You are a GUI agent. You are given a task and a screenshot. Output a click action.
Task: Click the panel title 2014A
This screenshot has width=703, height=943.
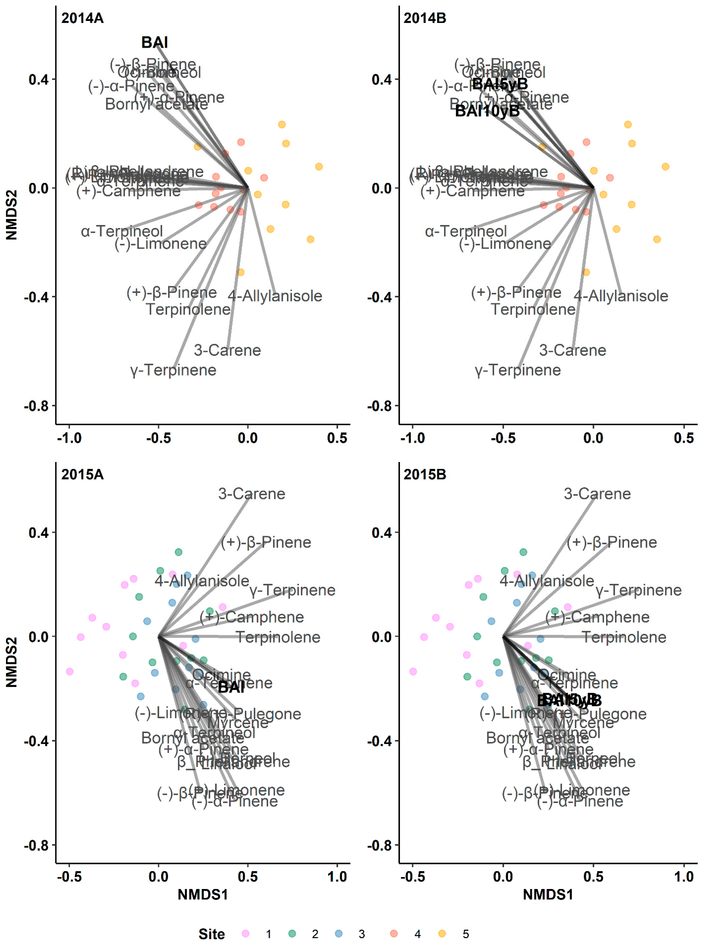click(x=82, y=18)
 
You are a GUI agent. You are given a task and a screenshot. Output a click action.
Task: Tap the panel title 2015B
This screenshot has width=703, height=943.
click(x=425, y=474)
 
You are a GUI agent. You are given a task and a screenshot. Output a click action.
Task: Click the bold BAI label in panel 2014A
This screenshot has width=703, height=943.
click(x=155, y=43)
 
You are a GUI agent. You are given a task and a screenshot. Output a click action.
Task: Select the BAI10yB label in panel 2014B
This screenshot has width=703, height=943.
click(x=487, y=111)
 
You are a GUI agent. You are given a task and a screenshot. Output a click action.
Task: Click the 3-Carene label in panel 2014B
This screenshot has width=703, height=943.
click(x=572, y=350)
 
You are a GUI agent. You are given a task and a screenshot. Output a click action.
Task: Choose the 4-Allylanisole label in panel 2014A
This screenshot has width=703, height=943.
click(x=275, y=296)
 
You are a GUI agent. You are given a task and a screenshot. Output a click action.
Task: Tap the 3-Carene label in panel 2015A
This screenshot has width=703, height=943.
click(x=251, y=494)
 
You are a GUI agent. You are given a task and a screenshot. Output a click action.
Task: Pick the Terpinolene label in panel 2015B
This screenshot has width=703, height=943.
click(x=624, y=637)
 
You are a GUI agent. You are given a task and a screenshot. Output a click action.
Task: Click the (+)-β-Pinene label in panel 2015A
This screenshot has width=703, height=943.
click(x=266, y=542)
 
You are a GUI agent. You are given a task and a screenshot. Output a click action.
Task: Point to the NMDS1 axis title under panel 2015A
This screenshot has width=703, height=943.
click(x=203, y=895)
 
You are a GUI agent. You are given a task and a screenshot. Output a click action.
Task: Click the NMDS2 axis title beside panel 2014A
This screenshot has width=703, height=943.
click(x=11, y=215)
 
